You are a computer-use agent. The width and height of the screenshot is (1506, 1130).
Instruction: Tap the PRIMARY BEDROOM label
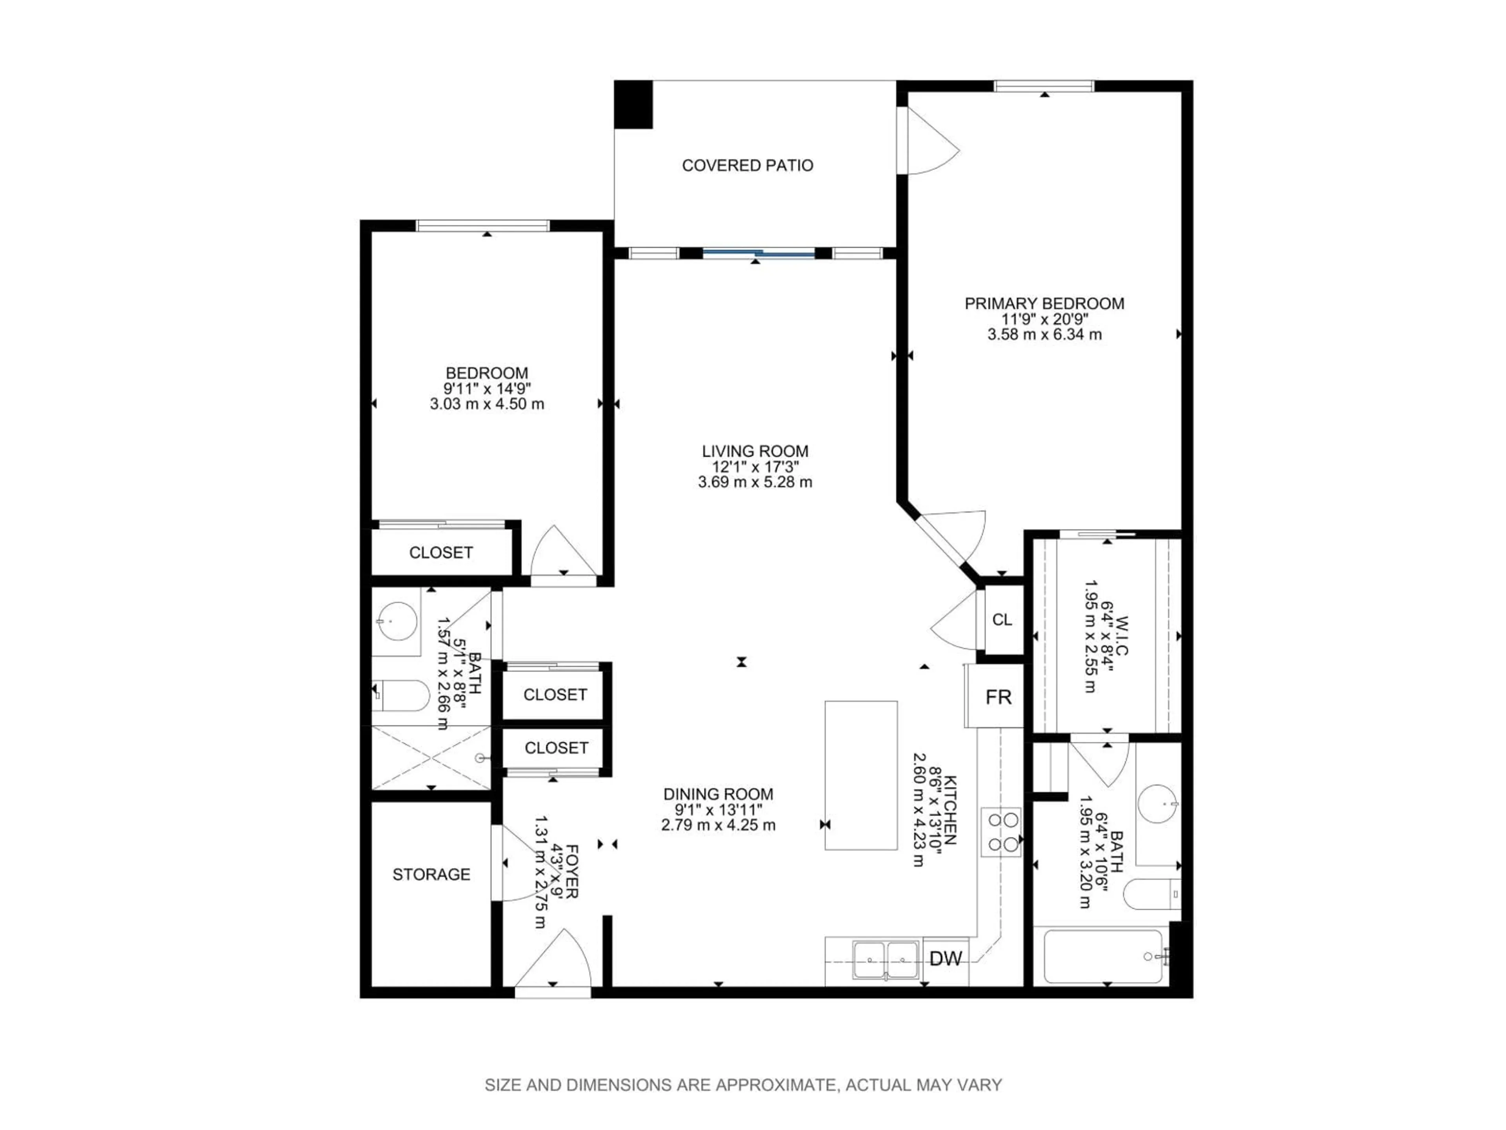(x=1044, y=304)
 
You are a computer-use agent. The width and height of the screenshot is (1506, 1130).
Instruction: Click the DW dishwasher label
(x=945, y=959)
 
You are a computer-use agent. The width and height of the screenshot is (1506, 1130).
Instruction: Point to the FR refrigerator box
(x=998, y=697)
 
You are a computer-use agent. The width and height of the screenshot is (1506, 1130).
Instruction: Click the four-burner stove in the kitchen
(x=1000, y=832)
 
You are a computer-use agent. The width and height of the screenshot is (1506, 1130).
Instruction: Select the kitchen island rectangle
(x=860, y=775)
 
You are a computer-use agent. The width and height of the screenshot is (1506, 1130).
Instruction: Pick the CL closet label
(x=1002, y=620)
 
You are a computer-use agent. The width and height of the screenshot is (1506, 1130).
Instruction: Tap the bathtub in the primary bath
(x=1102, y=956)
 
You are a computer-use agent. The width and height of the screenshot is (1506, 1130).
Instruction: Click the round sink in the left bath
(x=398, y=621)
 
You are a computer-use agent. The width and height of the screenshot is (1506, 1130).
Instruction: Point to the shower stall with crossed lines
(x=430, y=757)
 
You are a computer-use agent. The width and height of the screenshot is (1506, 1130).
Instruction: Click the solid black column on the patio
(x=633, y=104)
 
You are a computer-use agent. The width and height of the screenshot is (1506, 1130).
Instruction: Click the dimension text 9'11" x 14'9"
(x=487, y=389)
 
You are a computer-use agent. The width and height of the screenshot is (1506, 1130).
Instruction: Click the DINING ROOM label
(x=718, y=794)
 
